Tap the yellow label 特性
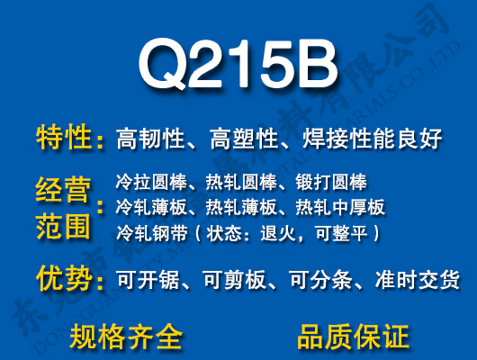tap(64, 139)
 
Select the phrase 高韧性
tap(149, 139)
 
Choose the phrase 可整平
tap(343, 234)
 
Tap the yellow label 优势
tap(64, 280)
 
